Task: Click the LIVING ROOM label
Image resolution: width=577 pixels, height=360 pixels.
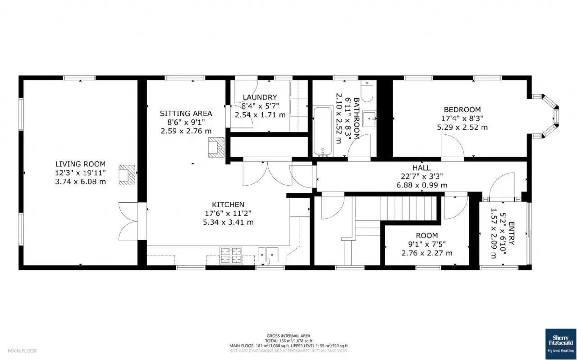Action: pyautogui.click(x=80, y=164)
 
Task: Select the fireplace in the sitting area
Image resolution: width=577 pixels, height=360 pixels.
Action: pyautogui.click(x=215, y=147)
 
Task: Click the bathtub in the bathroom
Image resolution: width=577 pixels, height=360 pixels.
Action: pyautogui.click(x=322, y=131)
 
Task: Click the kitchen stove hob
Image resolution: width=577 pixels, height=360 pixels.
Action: pyautogui.click(x=231, y=255)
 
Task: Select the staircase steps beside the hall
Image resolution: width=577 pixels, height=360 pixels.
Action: pyautogui.click(x=408, y=208)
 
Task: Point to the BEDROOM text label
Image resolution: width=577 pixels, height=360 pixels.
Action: pyautogui.click(x=462, y=109)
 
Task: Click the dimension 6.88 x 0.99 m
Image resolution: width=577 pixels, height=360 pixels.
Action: pyautogui.click(x=421, y=185)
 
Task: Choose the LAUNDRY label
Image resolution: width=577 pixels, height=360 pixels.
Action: pyautogui.click(x=260, y=97)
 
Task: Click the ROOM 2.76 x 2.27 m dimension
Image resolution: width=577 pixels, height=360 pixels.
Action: pyautogui.click(x=426, y=253)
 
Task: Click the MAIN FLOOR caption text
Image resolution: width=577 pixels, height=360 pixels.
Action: pyautogui.click(x=22, y=351)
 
